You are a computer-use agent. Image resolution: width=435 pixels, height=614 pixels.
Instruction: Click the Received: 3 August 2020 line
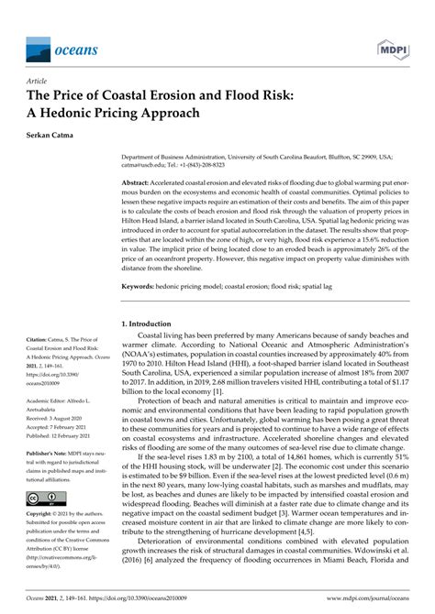[64, 419]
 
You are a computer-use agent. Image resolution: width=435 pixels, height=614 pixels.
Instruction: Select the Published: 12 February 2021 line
[69, 435]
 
